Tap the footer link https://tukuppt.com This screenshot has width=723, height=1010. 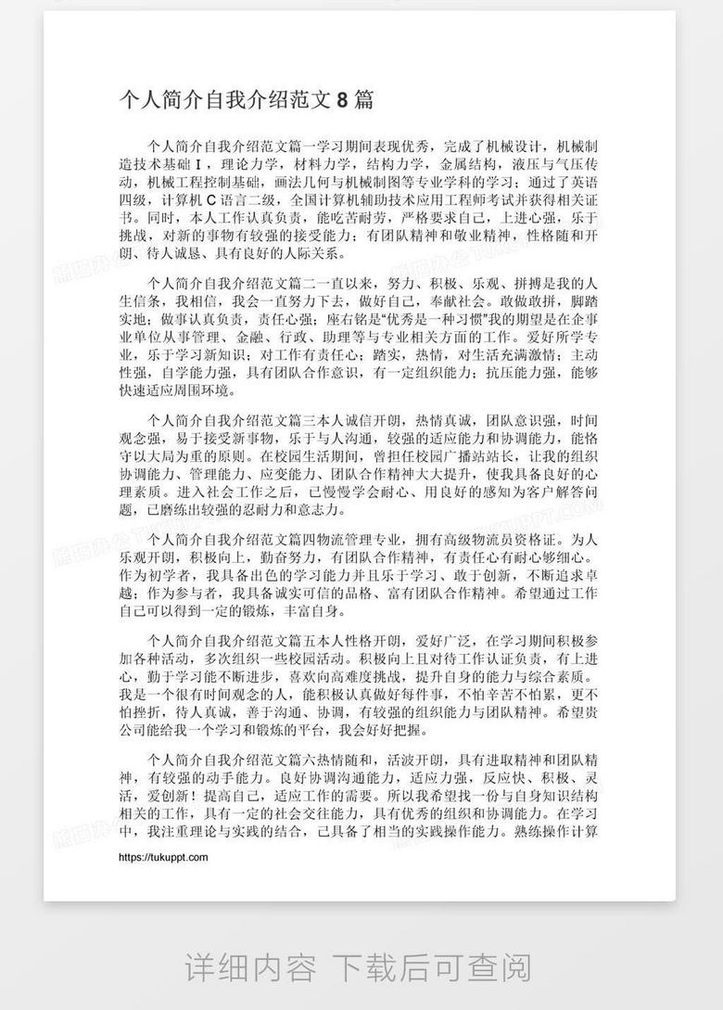(163, 858)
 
